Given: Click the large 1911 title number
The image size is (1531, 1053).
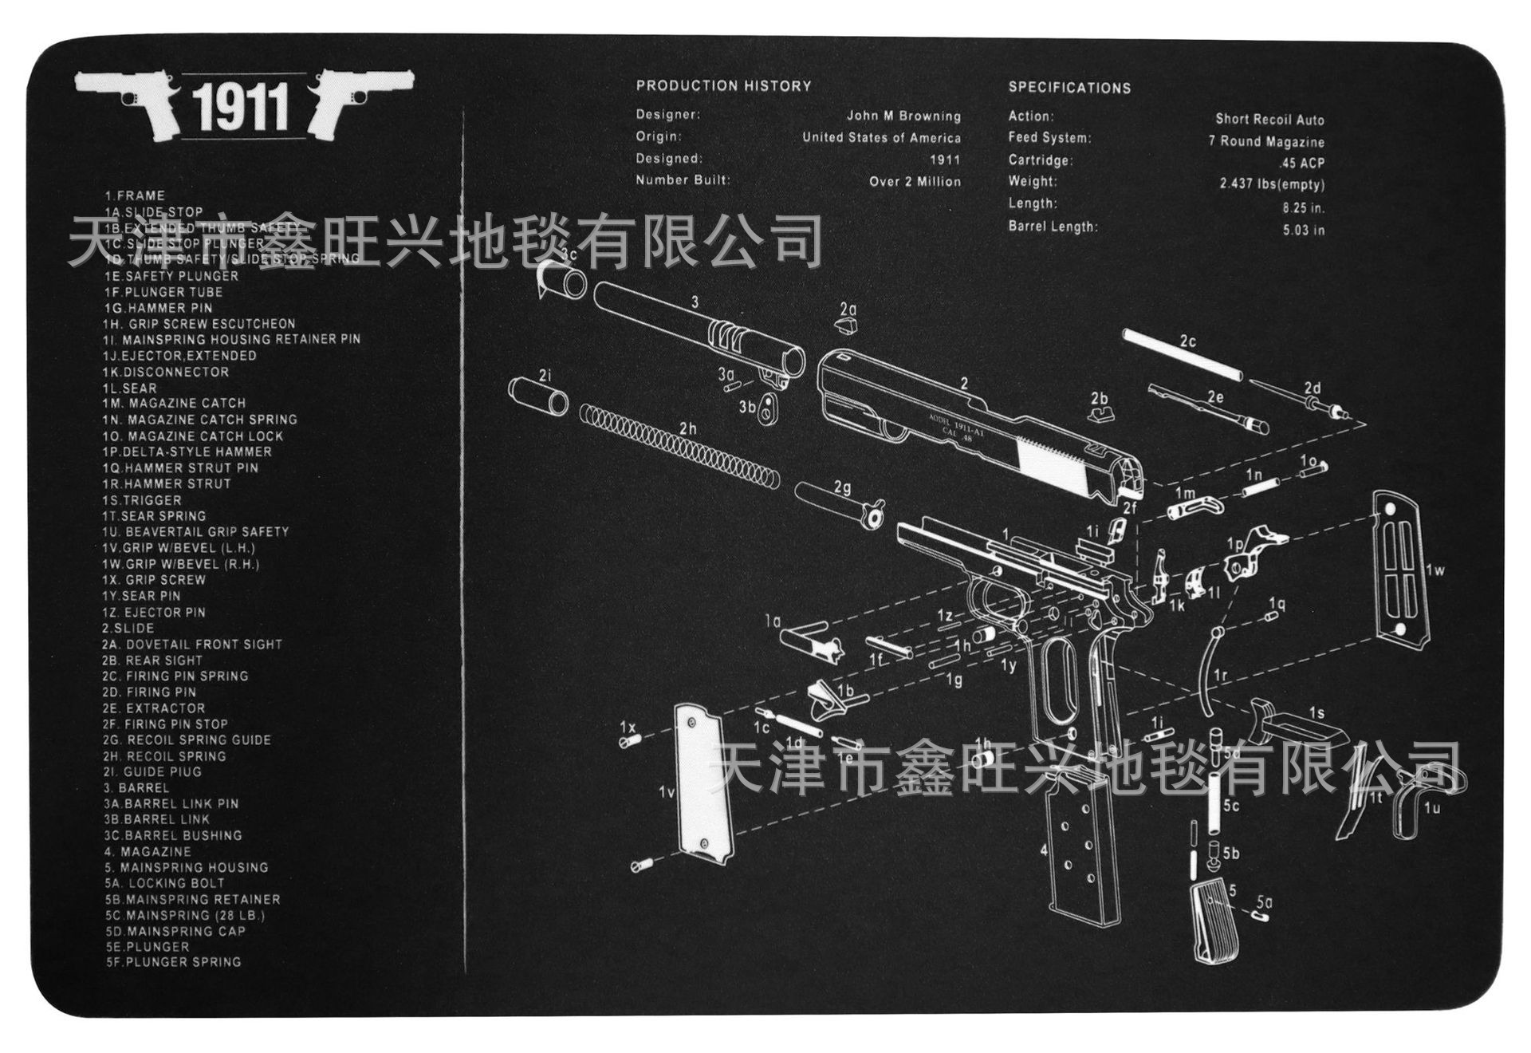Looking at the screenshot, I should tap(240, 108).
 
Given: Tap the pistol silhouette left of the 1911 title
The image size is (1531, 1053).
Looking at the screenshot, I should tap(128, 100).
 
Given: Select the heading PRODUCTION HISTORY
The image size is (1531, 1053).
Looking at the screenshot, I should tap(723, 86).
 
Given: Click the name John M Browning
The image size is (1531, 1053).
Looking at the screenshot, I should tap(903, 116).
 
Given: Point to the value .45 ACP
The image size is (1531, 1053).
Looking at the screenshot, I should tap(1301, 163).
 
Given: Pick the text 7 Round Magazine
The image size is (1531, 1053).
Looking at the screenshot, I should tap(1265, 141).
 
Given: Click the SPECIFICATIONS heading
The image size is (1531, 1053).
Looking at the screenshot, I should tap(1069, 88).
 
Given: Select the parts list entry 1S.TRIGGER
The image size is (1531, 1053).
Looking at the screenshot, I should tap(142, 500).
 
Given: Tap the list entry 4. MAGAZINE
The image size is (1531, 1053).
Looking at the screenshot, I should tap(148, 851).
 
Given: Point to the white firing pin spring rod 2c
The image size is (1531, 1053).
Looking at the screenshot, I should tap(1182, 356).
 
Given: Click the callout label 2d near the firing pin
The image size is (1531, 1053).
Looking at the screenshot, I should tap(1312, 388).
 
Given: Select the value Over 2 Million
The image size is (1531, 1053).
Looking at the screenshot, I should tap(915, 181).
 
